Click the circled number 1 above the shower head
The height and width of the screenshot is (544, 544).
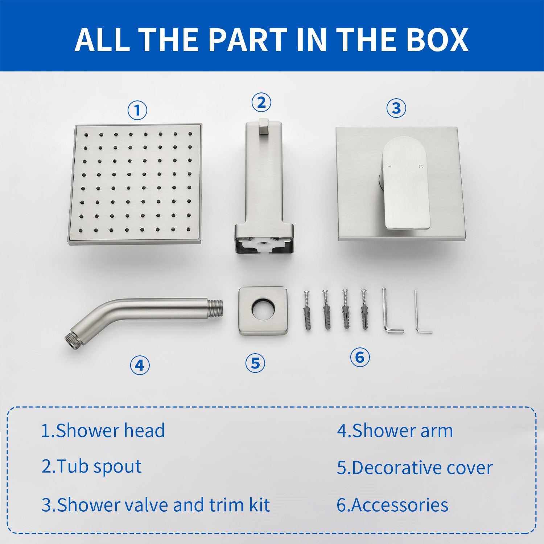(137, 110)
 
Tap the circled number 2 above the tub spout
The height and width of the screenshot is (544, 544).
(261, 103)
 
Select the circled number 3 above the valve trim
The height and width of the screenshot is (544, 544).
(396, 108)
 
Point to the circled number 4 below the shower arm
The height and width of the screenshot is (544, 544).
(140, 365)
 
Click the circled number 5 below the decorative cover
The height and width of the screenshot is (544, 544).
(255, 363)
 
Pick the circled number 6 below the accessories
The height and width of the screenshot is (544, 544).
(360, 357)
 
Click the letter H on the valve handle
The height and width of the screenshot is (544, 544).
(390, 167)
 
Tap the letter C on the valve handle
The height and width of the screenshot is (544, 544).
(421, 167)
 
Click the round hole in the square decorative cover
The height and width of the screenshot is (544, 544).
(263, 310)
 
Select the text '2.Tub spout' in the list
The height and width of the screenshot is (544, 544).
(91, 466)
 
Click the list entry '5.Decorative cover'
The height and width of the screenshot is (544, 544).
(415, 467)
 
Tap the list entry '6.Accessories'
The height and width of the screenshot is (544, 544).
(392, 505)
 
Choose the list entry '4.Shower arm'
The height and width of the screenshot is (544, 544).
(395, 431)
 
